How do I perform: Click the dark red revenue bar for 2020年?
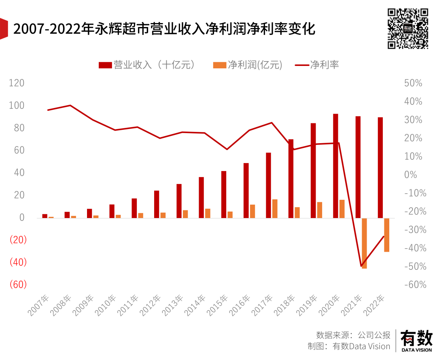click(x=335, y=166)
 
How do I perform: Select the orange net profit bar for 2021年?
click(x=364, y=243)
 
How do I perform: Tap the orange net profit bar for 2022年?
click(x=386, y=235)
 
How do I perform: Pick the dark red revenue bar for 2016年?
click(x=246, y=191)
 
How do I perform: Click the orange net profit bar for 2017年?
click(x=275, y=208)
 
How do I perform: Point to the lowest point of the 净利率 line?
click(x=361, y=266)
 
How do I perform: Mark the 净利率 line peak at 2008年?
click(x=70, y=105)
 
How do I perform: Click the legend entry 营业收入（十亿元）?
click(x=148, y=65)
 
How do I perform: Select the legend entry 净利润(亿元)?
click(x=248, y=65)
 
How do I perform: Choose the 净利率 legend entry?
click(x=317, y=65)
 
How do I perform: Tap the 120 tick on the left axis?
click(x=17, y=83)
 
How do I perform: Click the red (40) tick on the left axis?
click(x=18, y=262)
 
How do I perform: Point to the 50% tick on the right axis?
click(x=413, y=83)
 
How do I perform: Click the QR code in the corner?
click(x=408, y=28)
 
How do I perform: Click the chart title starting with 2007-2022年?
click(x=164, y=29)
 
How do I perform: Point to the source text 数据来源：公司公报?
click(x=353, y=335)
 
